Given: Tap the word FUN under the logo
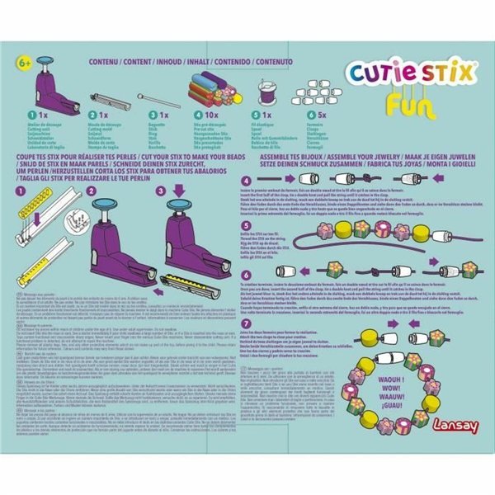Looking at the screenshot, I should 409,107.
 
